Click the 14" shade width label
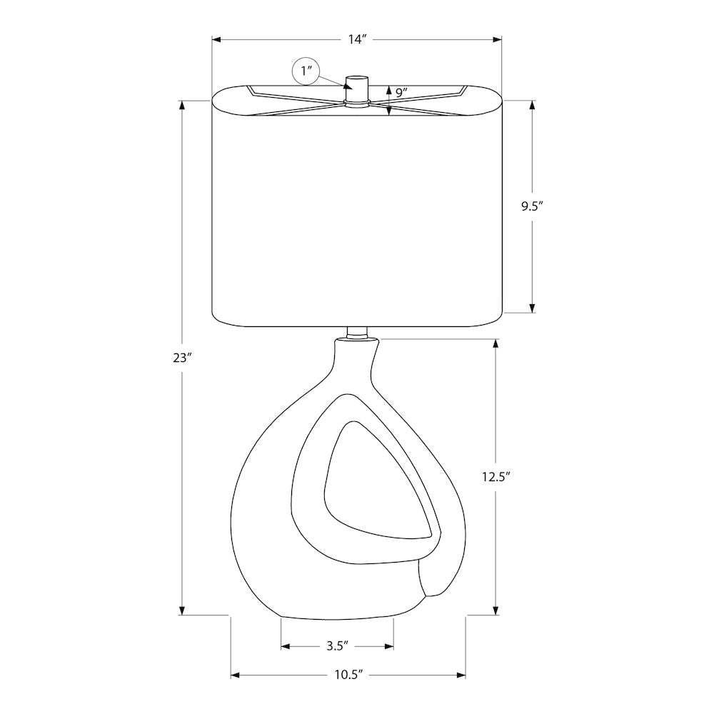[x=358, y=39]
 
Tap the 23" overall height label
[x=181, y=358]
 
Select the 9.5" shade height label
[x=533, y=207]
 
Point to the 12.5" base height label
[x=496, y=477]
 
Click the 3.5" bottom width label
[x=338, y=646]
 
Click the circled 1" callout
[x=306, y=71]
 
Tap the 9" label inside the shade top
[x=401, y=94]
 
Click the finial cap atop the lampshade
[x=356, y=89]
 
